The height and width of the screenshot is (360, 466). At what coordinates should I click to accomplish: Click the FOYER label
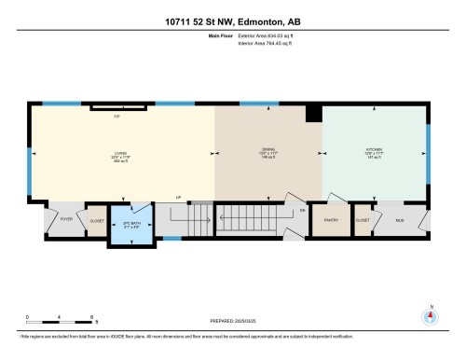66,219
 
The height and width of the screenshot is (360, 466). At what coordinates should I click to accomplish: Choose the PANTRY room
330,220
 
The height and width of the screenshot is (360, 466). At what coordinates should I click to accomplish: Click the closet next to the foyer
97,220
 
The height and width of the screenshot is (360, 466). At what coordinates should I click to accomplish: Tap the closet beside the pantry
363,220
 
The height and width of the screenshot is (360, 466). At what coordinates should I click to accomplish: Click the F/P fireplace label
117,117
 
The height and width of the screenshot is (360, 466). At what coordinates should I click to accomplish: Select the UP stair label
178,197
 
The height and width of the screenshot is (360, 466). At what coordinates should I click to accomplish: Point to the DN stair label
302,211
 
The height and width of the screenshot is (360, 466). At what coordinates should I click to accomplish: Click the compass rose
430,316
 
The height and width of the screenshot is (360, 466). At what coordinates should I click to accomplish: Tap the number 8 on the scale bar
90,317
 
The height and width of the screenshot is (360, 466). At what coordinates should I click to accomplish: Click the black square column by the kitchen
314,113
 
